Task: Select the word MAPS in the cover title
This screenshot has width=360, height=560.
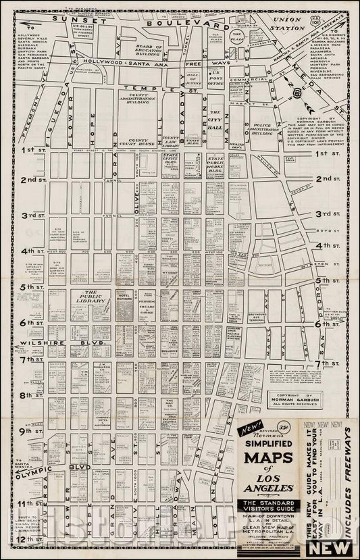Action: click(270, 463)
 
